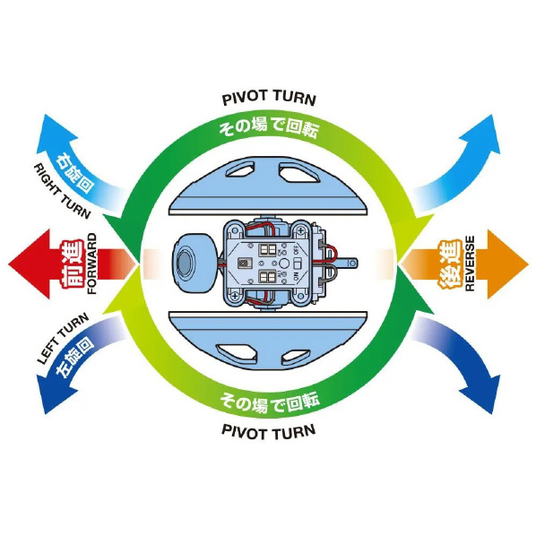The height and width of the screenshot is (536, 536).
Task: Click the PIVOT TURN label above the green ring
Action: coord(269,98)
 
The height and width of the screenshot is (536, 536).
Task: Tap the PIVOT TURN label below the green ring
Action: coord(269,432)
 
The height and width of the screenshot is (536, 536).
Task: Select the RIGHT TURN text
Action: coord(62,192)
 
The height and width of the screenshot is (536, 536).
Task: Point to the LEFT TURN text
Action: coord(63,339)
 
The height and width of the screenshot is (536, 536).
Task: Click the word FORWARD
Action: coord(92,264)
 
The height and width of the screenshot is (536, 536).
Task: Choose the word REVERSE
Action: coord(470,264)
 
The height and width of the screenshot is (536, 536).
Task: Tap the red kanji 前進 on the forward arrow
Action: coord(73,264)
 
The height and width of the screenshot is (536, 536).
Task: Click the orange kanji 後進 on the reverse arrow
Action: coord(450,264)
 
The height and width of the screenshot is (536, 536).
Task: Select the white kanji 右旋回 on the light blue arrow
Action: coord(75,173)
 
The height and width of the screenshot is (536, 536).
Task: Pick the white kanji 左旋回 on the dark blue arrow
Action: coord(73,357)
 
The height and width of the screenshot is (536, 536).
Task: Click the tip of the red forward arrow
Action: coord(9,264)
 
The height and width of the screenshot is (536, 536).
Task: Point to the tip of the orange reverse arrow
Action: coord(528,264)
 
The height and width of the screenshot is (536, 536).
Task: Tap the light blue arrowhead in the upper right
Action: coord(483,136)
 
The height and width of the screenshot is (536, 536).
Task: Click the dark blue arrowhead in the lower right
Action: coord(483,393)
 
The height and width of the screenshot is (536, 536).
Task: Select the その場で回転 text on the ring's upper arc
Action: coord(269,130)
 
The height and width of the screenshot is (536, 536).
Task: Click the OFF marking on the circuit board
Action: coord(296,250)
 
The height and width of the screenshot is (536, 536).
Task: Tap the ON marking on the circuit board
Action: coord(296,276)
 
